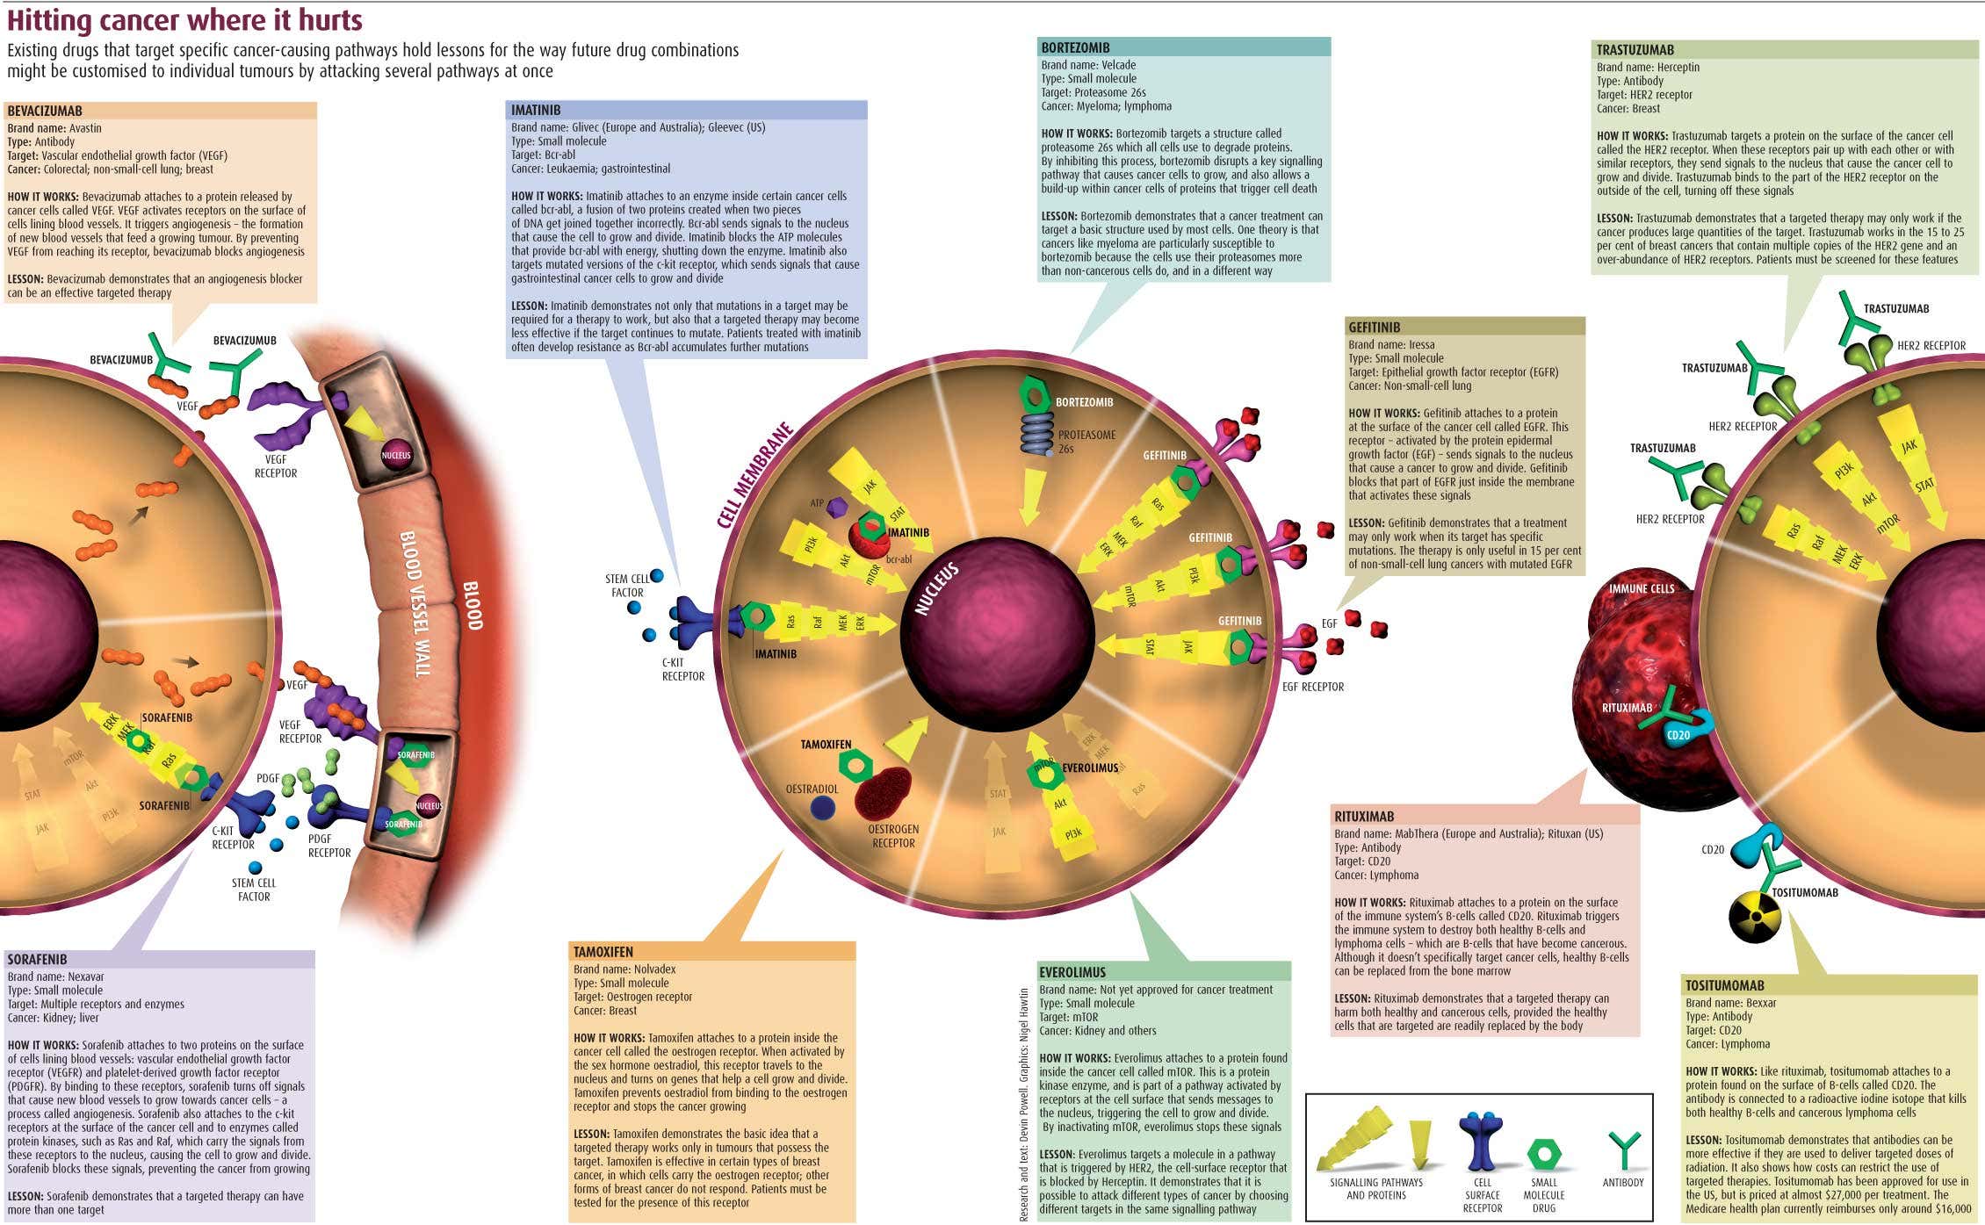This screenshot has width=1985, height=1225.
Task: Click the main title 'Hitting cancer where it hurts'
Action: point(184,19)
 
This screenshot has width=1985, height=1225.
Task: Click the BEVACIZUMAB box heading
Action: point(45,111)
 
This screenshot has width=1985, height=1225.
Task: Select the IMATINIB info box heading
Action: point(536,110)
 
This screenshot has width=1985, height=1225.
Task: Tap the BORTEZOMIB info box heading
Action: point(1075,47)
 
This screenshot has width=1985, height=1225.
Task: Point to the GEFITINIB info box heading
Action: point(1374,327)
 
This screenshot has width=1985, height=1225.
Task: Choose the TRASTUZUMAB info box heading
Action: point(1635,50)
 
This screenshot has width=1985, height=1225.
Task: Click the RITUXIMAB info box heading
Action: point(1364,816)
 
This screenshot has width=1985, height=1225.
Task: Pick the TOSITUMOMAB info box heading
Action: point(1725,985)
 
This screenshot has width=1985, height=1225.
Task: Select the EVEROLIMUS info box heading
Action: point(1072,972)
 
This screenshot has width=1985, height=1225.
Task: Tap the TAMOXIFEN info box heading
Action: point(603,952)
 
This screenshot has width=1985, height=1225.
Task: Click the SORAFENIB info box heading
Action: point(38,959)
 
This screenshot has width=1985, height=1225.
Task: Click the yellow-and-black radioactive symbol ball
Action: point(1754,917)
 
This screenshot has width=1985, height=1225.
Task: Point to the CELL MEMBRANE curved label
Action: point(754,475)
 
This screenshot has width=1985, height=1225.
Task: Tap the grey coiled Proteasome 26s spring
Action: point(1036,433)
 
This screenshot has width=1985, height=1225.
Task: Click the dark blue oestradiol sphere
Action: point(822,808)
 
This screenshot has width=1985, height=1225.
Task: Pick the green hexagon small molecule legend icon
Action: point(1543,1154)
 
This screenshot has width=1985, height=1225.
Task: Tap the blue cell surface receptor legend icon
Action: point(1482,1142)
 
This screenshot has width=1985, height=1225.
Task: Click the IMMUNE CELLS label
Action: point(1642,588)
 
